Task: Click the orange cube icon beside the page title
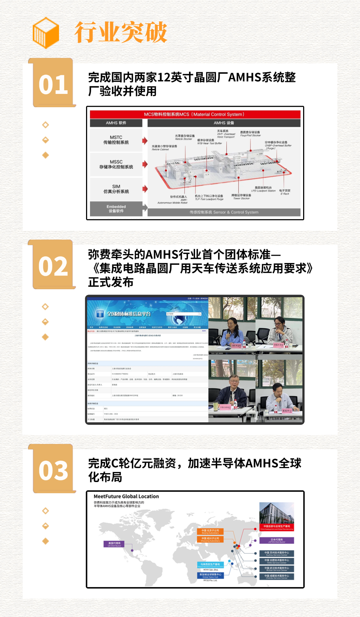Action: click(x=46, y=33)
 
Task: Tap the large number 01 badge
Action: click(x=53, y=85)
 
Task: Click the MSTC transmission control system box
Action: click(x=116, y=140)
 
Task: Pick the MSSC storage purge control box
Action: click(x=116, y=164)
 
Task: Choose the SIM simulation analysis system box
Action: click(x=116, y=189)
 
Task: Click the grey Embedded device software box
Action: click(x=116, y=209)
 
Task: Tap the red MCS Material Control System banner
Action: click(x=195, y=114)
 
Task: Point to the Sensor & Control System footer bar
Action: click(x=224, y=212)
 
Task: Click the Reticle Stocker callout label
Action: click(x=184, y=137)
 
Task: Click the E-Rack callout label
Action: click(x=284, y=192)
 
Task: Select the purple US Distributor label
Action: click(x=114, y=544)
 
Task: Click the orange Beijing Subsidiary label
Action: click(x=210, y=531)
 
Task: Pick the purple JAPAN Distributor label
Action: click(x=276, y=540)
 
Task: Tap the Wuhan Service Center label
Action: click(x=276, y=569)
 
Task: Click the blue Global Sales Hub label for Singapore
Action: click(x=211, y=575)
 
